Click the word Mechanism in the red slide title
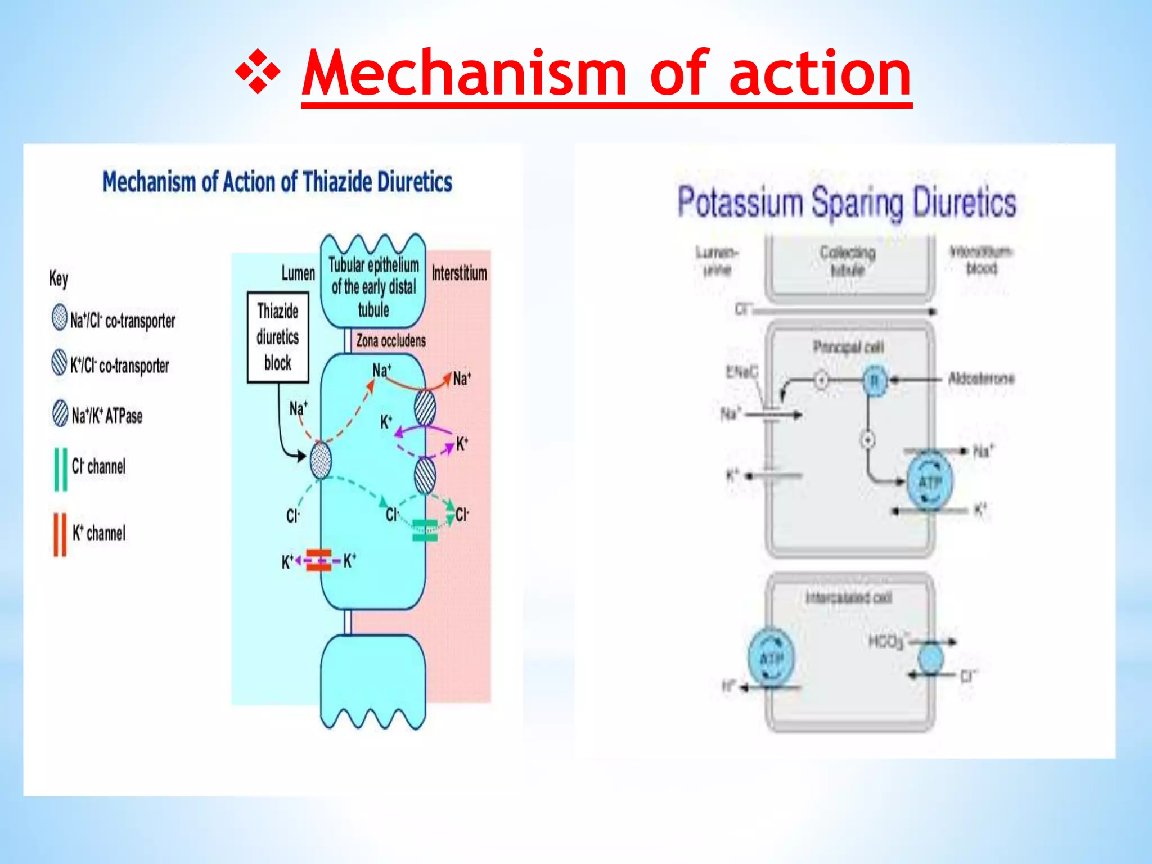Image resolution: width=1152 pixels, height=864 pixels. click(465, 73)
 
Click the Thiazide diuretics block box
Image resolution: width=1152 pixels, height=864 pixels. click(278, 337)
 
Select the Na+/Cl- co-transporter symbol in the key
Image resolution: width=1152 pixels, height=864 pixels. click(59, 317)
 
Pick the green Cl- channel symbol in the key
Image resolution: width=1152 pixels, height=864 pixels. click(60, 469)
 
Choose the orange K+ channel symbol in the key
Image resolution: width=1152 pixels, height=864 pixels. click(60, 534)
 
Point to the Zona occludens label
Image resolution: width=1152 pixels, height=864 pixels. click(390, 341)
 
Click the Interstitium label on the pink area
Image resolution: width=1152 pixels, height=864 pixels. click(459, 273)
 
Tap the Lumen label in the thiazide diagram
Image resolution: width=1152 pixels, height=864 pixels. click(298, 273)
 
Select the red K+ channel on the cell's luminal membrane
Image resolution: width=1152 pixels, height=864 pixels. click(319, 560)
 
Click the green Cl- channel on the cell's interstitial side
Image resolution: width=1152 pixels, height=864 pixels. click(425, 530)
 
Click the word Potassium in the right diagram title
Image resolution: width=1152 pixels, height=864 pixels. click(740, 202)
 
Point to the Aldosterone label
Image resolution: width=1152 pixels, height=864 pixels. click(980, 378)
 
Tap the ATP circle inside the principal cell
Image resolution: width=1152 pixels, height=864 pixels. click(930, 481)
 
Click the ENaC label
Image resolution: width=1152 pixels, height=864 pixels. click(741, 371)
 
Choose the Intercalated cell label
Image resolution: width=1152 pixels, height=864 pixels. click(848, 597)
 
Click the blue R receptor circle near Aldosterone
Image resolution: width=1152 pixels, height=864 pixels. click(874, 381)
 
